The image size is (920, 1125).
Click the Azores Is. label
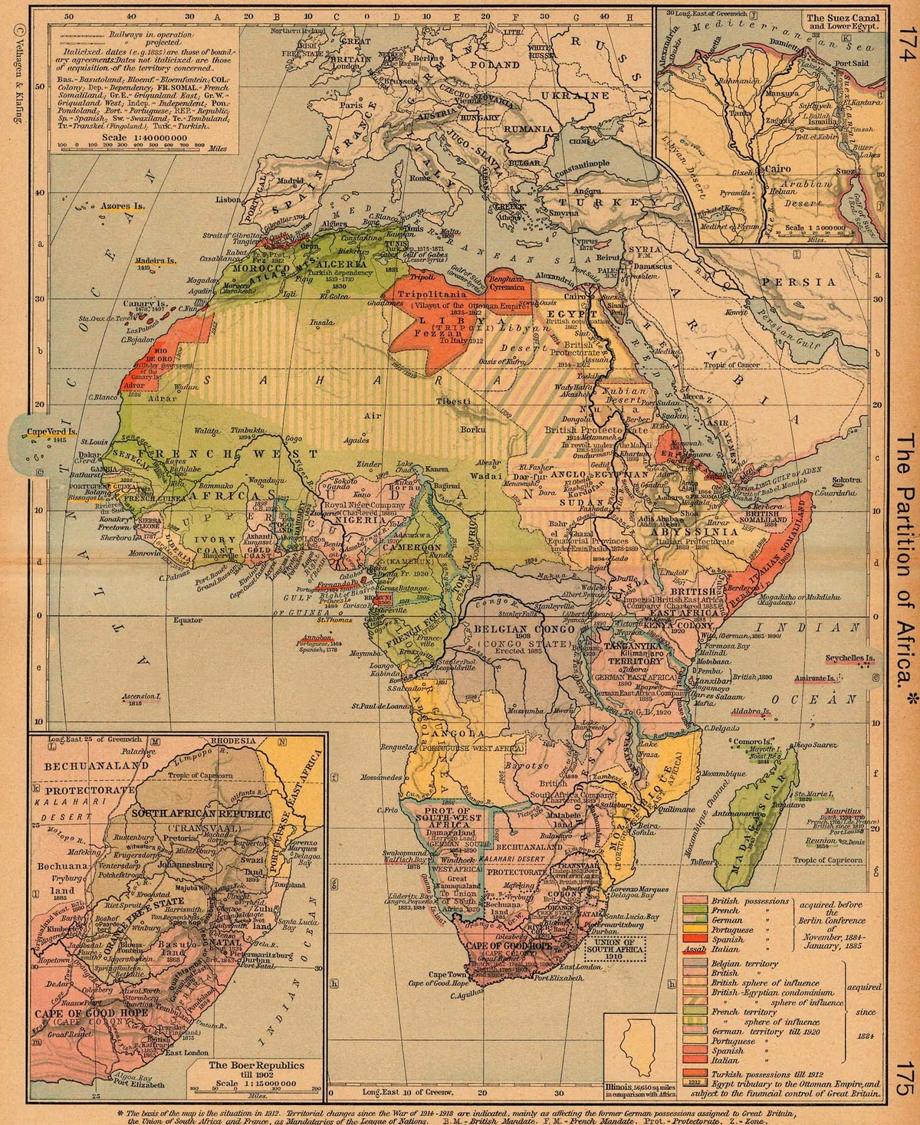pyautogui.click(x=123, y=207)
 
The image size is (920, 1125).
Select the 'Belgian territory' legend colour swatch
pyautogui.click(x=695, y=963)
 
